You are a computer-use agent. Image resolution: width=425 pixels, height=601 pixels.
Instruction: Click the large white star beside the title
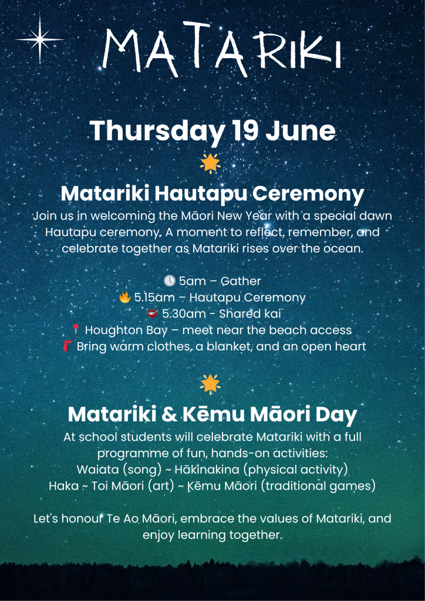coord(40,39)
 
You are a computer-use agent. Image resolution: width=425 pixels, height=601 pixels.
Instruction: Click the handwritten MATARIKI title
coord(221,48)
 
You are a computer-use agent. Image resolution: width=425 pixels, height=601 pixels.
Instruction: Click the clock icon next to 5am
coord(170,281)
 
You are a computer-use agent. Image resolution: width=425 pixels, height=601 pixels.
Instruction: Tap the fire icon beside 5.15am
coord(125,298)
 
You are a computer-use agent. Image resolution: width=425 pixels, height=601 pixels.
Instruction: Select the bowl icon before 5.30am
coord(153,313)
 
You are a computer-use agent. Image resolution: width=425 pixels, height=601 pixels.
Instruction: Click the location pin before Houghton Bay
coord(76,330)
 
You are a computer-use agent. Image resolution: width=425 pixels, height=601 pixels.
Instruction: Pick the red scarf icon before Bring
coord(68,346)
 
